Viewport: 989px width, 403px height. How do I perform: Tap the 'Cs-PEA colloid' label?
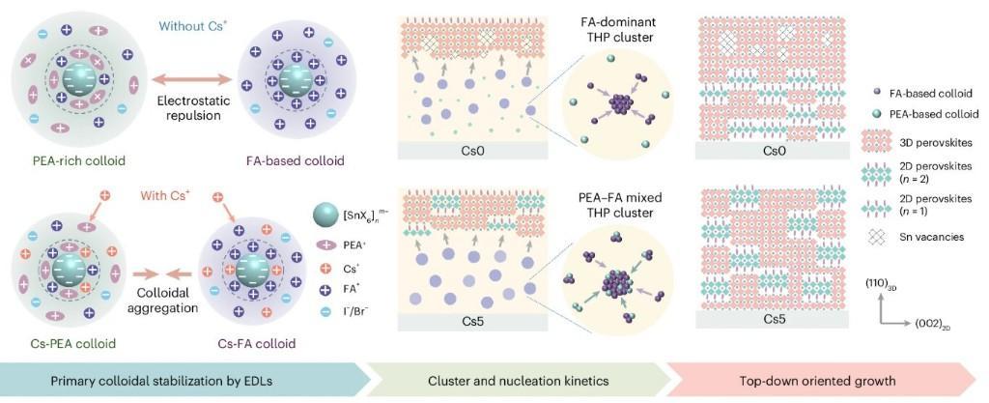pyautogui.click(x=61, y=344)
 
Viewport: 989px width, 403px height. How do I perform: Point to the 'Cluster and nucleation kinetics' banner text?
pyautogui.click(x=518, y=380)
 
